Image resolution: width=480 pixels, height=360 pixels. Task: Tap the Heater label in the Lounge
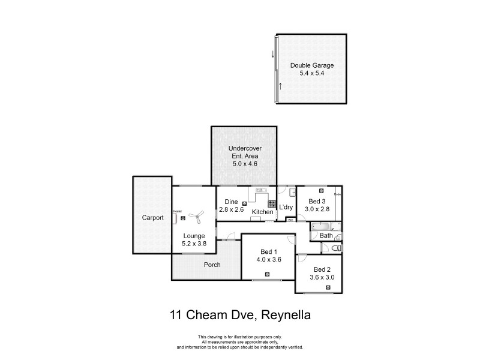[178, 211]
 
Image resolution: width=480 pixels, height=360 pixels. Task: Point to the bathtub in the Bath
[321, 226]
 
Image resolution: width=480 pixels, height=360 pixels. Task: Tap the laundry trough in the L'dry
[291, 193]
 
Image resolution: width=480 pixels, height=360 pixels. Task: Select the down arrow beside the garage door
[273, 55]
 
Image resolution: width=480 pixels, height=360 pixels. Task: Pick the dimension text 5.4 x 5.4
[312, 73]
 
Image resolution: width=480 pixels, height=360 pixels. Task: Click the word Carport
[153, 218]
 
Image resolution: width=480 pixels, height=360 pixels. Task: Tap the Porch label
[212, 265]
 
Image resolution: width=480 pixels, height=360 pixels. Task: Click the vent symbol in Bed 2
[328, 287]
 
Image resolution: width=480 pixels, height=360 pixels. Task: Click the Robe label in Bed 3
[338, 194]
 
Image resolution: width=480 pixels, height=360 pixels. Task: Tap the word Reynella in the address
[284, 315]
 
